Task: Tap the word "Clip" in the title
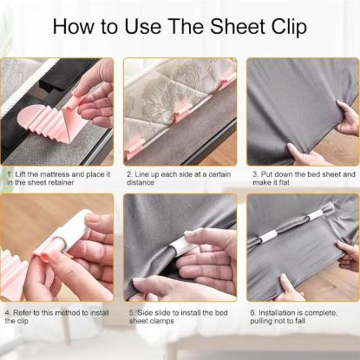[x=285, y=26]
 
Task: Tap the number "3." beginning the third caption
[x=252, y=173]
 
